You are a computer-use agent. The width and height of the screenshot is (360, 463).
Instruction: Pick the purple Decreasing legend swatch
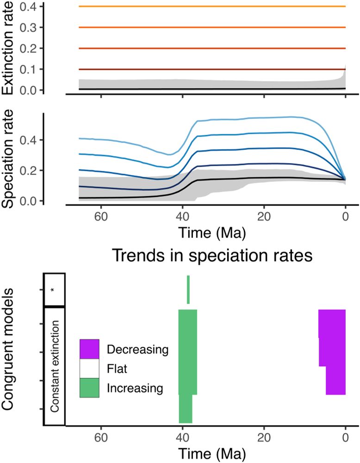pyautogui.click(x=89, y=349)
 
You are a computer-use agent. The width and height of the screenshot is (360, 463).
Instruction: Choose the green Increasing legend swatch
pyautogui.click(x=89, y=388)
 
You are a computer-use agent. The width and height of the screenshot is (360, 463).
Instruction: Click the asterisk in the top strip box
pyautogui.click(x=53, y=290)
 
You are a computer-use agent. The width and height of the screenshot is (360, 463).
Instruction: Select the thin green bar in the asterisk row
pyautogui.click(x=188, y=289)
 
